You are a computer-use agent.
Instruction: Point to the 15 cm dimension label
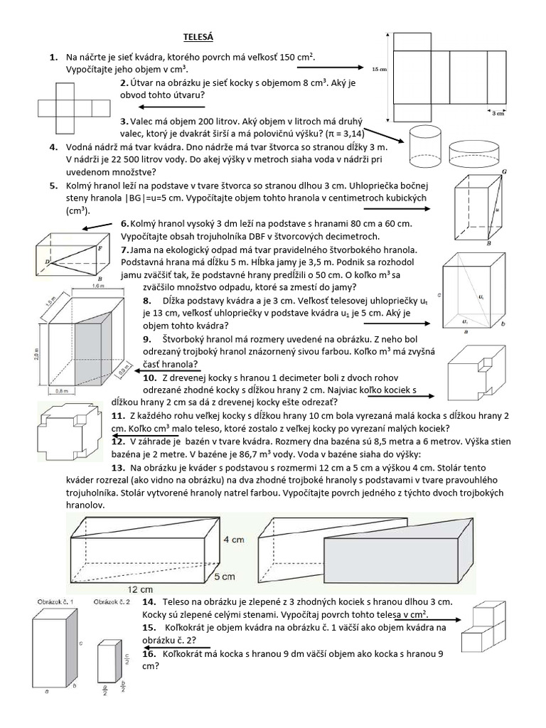pos(378,69)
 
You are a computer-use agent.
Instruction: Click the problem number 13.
pos(118,467)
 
